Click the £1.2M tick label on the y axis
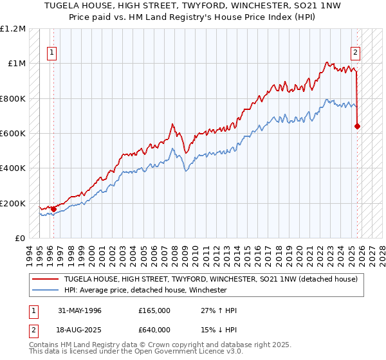click(13, 29)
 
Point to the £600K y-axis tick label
click(13, 134)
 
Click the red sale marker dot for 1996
click(53, 209)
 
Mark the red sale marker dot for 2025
click(357, 126)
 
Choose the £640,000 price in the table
click(154, 329)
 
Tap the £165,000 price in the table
click(154, 310)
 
